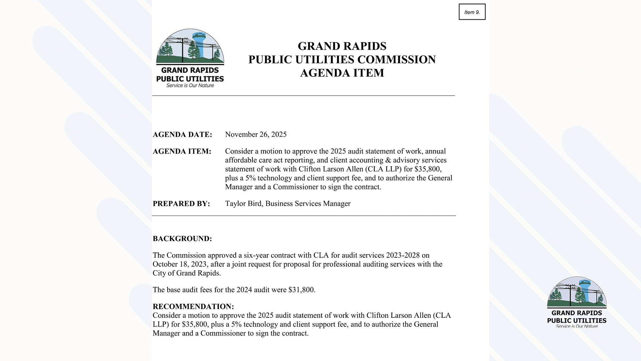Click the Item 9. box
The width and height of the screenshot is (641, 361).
[x=472, y=12]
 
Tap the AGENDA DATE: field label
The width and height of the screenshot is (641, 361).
[x=182, y=135]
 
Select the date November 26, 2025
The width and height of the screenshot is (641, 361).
[x=256, y=134]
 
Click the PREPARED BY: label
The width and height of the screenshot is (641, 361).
[x=181, y=204]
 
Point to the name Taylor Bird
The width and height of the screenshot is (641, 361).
[x=243, y=204]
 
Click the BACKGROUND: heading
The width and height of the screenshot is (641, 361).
[x=182, y=239]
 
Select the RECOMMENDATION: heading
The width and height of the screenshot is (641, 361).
[x=193, y=307]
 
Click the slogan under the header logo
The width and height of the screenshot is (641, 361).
[x=190, y=86]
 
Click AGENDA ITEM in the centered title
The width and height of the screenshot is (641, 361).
[x=342, y=73]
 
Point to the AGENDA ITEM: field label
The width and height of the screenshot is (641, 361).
[x=182, y=151]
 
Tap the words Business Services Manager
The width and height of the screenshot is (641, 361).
[x=308, y=204]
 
